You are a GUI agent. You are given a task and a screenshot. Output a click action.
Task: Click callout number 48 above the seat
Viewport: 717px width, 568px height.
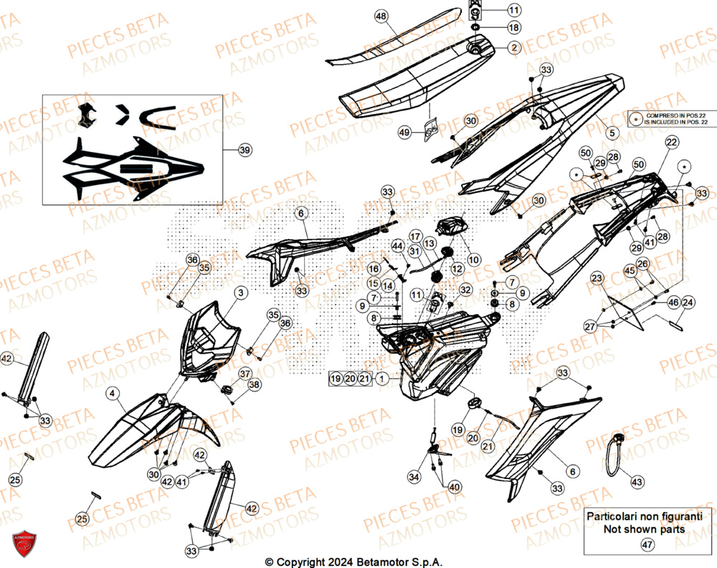click(381, 16)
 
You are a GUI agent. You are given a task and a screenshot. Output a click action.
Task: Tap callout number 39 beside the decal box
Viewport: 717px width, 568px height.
click(245, 150)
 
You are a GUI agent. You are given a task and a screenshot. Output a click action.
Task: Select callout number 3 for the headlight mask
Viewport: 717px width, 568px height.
click(241, 293)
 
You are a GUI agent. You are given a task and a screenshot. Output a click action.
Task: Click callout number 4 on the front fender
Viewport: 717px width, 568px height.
click(113, 392)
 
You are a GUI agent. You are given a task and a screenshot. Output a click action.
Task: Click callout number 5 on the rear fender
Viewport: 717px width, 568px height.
click(612, 133)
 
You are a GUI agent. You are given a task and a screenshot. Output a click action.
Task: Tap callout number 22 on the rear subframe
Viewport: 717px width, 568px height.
click(670, 143)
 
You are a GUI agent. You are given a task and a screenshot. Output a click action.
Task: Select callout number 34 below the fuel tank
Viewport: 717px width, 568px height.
click(414, 477)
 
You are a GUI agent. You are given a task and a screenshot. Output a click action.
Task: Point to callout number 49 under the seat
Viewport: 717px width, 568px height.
click(405, 133)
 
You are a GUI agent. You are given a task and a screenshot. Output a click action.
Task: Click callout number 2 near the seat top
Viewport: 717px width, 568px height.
click(514, 48)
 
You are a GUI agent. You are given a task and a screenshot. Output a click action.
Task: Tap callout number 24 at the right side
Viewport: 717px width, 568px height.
click(687, 303)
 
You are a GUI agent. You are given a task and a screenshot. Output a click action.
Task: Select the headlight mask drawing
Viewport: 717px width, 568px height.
click(208, 341)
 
